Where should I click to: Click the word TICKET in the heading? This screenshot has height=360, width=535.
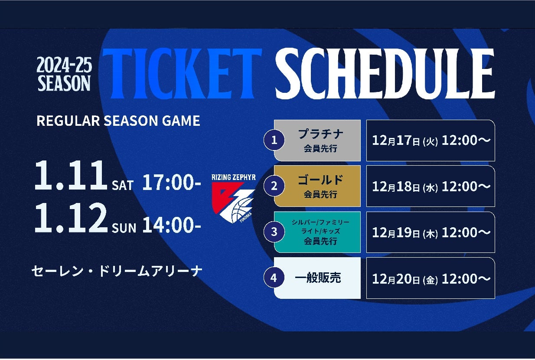click(x=182, y=73)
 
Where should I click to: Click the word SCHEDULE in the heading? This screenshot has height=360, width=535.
click(x=385, y=73)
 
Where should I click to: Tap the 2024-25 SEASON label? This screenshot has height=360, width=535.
click(x=64, y=74)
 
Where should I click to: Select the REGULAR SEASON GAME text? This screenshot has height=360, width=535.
click(x=118, y=121)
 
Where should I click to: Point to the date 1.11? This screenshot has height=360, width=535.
click(x=71, y=175)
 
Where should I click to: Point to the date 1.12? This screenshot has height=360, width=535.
click(x=71, y=218)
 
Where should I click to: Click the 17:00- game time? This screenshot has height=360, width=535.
click(x=172, y=182)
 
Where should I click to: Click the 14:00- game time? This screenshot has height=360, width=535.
click(x=172, y=225)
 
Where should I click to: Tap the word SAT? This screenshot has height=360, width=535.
click(x=123, y=185)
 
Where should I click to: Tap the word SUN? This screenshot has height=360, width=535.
click(x=124, y=228)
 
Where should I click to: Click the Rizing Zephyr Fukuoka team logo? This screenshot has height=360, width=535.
click(x=234, y=199)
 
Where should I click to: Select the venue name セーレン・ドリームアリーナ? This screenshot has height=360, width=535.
click(x=117, y=272)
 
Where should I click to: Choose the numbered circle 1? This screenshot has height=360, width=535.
click(x=274, y=140)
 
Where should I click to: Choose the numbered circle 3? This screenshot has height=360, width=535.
click(x=274, y=232)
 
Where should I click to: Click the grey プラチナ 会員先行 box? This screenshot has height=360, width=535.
click(x=317, y=141)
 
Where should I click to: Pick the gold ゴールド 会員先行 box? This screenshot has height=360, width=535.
click(x=317, y=186)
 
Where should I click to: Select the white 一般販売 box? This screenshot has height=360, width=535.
click(x=317, y=278)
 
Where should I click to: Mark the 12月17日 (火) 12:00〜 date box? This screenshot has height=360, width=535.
click(x=431, y=141)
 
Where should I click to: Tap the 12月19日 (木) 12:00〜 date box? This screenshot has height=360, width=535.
click(x=431, y=232)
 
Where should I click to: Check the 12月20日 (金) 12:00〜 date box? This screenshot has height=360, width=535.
click(x=431, y=278)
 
